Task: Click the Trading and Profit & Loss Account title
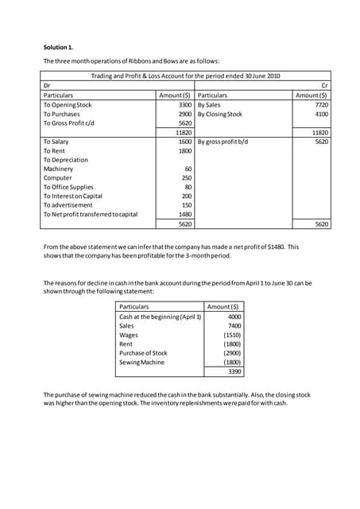[186, 76]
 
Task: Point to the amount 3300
[184, 104]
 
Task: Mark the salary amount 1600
[184, 142]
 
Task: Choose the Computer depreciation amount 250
[187, 178]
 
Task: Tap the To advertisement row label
[70, 205]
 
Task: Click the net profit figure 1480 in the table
[184, 215]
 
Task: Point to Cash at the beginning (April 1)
[160, 317]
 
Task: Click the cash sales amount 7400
[233, 326]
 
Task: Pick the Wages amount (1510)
[231, 335]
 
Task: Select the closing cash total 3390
[233, 371]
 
